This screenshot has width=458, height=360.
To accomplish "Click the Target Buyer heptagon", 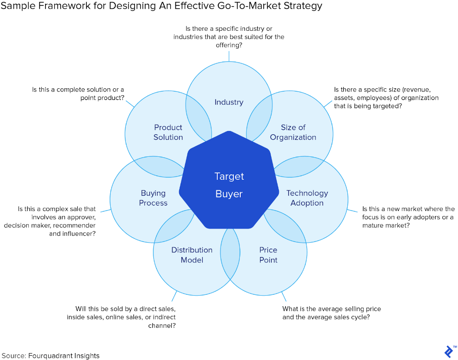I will point(229,184).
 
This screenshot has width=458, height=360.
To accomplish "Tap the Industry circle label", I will point(229,102).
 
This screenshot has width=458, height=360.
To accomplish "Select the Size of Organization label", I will point(293,132).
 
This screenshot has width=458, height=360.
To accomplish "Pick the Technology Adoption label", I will point(307,198).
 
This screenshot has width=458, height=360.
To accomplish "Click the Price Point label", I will point(268,255).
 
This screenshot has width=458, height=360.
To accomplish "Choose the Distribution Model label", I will point(192,255).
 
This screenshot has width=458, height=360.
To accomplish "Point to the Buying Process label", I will point(153,198).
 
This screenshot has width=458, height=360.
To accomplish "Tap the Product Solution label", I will point(168,132).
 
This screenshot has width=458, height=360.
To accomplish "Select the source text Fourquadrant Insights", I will point(64,355).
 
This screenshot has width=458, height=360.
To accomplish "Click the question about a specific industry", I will point(229,37).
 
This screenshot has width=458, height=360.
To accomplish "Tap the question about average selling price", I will point(331,313).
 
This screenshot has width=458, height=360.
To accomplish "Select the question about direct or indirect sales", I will point(125,317).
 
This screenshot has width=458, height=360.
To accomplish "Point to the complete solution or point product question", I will point(78,94).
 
